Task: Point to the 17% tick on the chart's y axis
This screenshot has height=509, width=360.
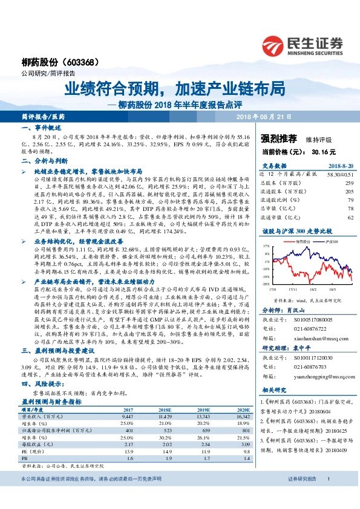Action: [266, 247]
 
